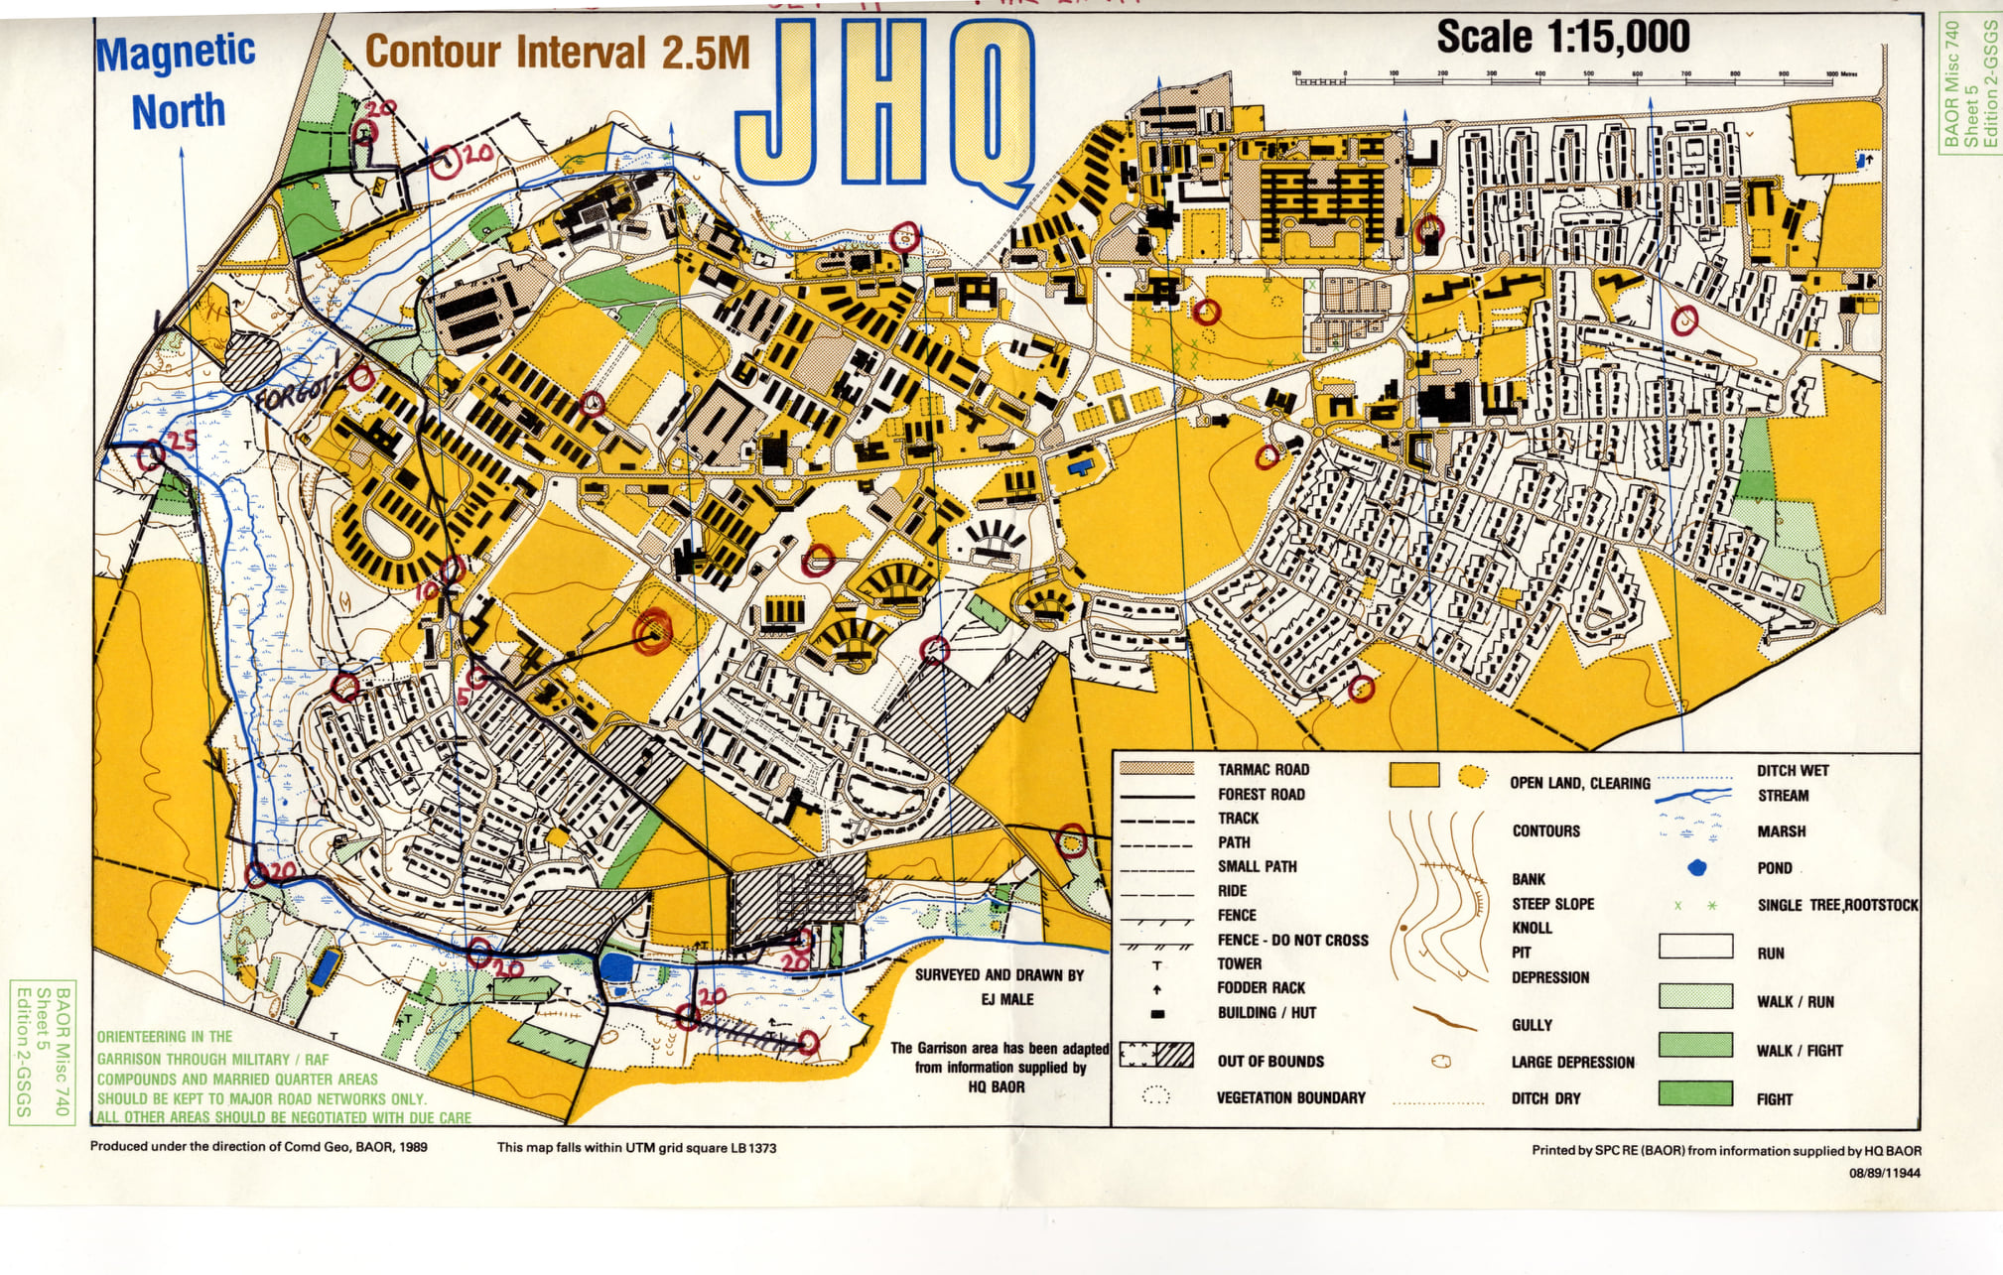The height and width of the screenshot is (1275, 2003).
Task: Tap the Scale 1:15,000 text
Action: click(1562, 38)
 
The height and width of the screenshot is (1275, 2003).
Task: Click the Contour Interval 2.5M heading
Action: click(557, 52)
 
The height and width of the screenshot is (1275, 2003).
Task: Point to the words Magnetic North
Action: click(177, 81)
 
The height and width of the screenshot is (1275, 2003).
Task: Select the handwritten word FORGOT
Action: click(292, 393)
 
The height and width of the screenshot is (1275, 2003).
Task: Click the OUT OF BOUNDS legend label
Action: click(1269, 1062)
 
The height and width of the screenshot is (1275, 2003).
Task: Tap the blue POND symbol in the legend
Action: click(1696, 868)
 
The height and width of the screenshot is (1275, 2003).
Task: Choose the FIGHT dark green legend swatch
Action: click(1695, 1094)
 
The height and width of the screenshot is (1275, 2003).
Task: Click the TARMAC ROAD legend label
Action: click(1263, 770)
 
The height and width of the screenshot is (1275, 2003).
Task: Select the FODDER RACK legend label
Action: click(1261, 988)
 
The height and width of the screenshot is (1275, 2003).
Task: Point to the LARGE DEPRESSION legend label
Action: click(1572, 1063)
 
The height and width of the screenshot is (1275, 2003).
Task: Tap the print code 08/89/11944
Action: click(1884, 1173)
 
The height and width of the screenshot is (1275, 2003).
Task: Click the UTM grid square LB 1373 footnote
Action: click(636, 1148)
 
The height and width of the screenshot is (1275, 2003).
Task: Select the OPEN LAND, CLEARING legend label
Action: click(1579, 783)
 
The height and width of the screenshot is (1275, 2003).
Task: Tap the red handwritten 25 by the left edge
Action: click(182, 442)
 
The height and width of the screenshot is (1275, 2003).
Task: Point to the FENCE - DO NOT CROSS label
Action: click(1291, 940)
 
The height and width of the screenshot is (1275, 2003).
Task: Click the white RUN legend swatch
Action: click(1695, 946)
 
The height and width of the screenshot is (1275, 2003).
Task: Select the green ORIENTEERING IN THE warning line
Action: click(165, 1037)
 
